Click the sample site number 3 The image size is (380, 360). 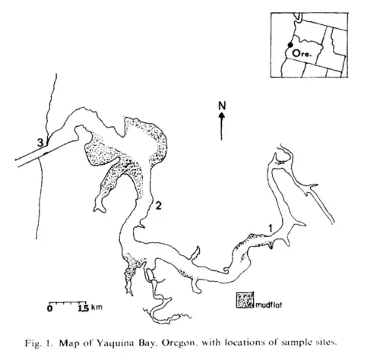pyautogui.click(x=40, y=143)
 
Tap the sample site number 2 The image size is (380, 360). pyautogui.click(x=158, y=206)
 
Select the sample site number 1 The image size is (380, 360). pyautogui.click(x=271, y=229)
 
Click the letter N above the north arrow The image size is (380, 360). pyautogui.click(x=222, y=106)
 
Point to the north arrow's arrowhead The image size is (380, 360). pyautogui.click(x=222, y=115)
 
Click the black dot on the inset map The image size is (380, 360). pyautogui.click(x=290, y=45)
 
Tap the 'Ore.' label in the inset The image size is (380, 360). pyautogui.click(x=301, y=53)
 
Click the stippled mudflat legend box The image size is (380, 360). pyautogui.click(x=245, y=300)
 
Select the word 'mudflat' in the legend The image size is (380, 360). pyautogui.click(x=268, y=305)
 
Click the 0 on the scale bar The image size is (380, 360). pyautogui.click(x=50, y=308)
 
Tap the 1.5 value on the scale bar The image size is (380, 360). pyautogui.click(x=84, y=308)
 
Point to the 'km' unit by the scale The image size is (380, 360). pyautogui.click(x=97, y=308)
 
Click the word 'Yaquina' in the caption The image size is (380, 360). pyautogui.click(x=114, y=343)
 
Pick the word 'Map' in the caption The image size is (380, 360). pyautogui.click(x=68, y=344)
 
